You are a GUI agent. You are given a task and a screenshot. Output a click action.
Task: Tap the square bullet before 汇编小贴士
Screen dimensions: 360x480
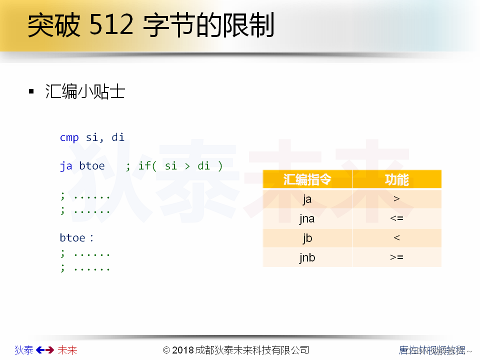click(31, 91)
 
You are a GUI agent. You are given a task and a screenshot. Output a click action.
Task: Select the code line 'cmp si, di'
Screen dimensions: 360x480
click(92, 137)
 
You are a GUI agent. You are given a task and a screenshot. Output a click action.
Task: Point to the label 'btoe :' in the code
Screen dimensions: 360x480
click(76, 237)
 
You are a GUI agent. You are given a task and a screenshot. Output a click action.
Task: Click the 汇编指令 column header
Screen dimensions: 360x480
click(307, 179)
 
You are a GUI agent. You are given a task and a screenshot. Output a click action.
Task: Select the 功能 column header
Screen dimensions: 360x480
click(396, 179)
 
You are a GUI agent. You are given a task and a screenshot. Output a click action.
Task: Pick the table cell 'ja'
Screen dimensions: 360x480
click(307, 199)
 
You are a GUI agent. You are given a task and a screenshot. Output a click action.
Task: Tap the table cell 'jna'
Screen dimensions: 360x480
click(307, 218)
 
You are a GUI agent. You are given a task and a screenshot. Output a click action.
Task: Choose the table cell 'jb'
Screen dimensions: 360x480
click(307, 238)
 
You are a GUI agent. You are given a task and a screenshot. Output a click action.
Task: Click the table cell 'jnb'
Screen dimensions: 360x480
click(307, 257)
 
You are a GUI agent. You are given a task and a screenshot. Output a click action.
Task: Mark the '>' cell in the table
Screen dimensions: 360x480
click(396, 199)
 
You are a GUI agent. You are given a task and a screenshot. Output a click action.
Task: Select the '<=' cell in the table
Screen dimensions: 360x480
click(396, 218)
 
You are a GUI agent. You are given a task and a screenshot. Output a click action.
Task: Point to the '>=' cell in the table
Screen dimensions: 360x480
click(396, 257)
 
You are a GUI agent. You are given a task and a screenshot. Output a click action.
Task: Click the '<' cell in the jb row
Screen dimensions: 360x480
click(396, 238)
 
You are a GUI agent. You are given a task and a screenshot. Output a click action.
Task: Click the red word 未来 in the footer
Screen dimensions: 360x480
click(67, 350)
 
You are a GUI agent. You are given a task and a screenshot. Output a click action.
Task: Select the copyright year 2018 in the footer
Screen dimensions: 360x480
click(183, 350)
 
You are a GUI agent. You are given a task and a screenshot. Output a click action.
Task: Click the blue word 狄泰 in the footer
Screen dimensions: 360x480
click(24, 350)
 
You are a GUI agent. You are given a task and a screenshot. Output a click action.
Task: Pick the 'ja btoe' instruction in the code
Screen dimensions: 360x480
click(82, 165)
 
